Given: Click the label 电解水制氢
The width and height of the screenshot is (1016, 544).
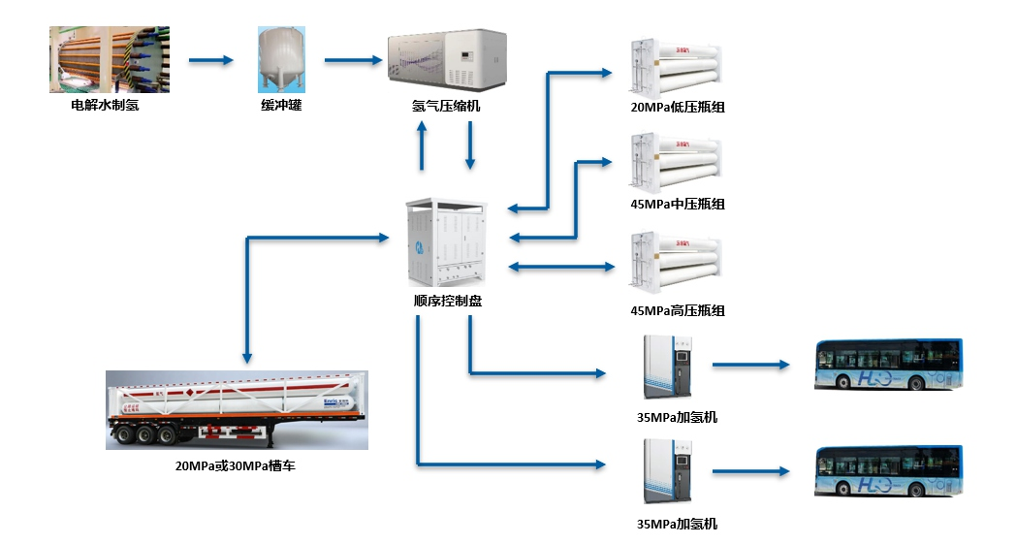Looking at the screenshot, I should (105, 105).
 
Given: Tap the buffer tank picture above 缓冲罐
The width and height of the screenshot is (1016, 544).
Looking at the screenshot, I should (281, 60).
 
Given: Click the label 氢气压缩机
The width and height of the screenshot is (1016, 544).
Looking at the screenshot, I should (446, 106).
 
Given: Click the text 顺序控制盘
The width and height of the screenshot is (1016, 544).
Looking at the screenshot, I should (447, 301).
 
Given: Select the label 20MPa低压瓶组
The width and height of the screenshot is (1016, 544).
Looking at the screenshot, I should (678, 107).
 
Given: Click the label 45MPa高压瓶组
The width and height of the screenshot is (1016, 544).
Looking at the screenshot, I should (678, 310).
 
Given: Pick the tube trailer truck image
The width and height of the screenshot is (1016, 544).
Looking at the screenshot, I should (237, 410).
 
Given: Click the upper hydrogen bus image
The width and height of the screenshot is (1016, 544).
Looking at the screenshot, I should (888, 365).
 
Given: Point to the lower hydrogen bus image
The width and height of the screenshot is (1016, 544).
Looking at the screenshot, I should (888, 471).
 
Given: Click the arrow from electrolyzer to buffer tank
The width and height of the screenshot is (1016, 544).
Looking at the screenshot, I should (211, 60).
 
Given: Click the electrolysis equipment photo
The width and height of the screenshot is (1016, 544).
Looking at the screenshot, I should (109, 60).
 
